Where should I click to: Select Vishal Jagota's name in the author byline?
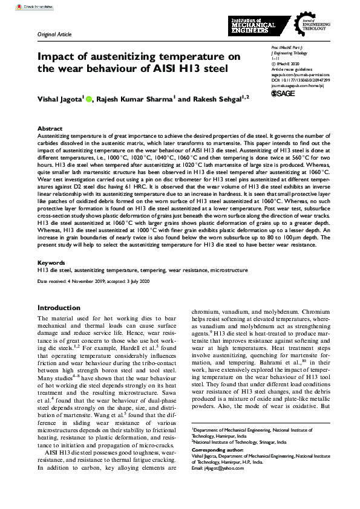(x=65, y=99)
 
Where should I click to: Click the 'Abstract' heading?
(x=50, y=129)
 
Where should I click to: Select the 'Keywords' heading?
(x=51, y=263)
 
